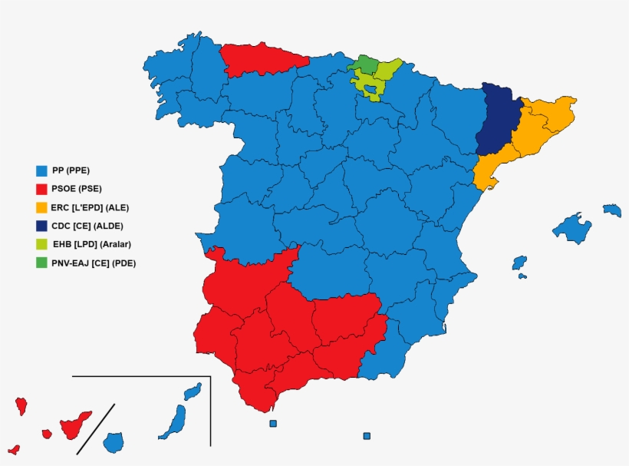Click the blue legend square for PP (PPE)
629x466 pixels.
(42, 170)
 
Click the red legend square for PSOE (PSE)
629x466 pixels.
(42, 189)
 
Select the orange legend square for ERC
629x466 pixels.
(42, 207)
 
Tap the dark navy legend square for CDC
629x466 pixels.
(42, 226)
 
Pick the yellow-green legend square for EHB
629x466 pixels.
(42, 244)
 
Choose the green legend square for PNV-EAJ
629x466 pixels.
(42, 263)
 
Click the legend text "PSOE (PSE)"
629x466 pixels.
(77, 189)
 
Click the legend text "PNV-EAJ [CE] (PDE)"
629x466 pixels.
(94, 263)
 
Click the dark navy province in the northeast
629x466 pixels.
(497, 123)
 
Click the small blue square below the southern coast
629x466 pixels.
(273, 424)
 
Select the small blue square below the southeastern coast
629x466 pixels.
(367, 436)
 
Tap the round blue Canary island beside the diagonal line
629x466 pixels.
(114, 442)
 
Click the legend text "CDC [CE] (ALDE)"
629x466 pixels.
(87, 226)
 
